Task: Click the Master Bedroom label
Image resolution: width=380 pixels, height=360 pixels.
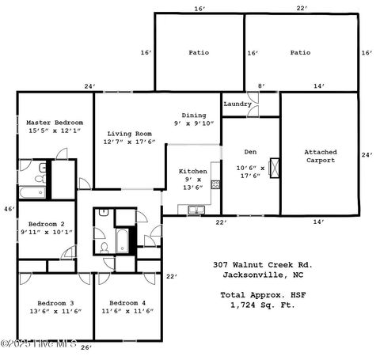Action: (55, 123)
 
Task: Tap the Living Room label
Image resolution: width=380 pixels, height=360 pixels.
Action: (130, 135)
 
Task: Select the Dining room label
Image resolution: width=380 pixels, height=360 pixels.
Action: (193, 115)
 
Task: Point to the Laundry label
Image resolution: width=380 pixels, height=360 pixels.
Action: (237, 104)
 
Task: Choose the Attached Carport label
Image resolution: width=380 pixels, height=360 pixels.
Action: (320, 156)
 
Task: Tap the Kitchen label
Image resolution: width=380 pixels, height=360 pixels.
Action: (193, 171)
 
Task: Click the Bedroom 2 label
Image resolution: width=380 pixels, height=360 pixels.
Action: (47, 225)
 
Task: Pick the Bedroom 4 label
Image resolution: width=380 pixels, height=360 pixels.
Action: (127, 303)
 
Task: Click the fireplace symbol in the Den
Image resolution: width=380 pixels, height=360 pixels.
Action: (275, 168)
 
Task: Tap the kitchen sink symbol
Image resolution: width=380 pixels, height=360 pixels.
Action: (195, 209)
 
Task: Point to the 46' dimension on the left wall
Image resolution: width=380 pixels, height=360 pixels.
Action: (9, 209)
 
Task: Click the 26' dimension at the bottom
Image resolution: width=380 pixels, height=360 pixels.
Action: (85, 347)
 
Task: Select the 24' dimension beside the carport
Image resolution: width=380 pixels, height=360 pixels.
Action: (367, 155)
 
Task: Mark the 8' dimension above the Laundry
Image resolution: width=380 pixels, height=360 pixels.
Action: (260, 85)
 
